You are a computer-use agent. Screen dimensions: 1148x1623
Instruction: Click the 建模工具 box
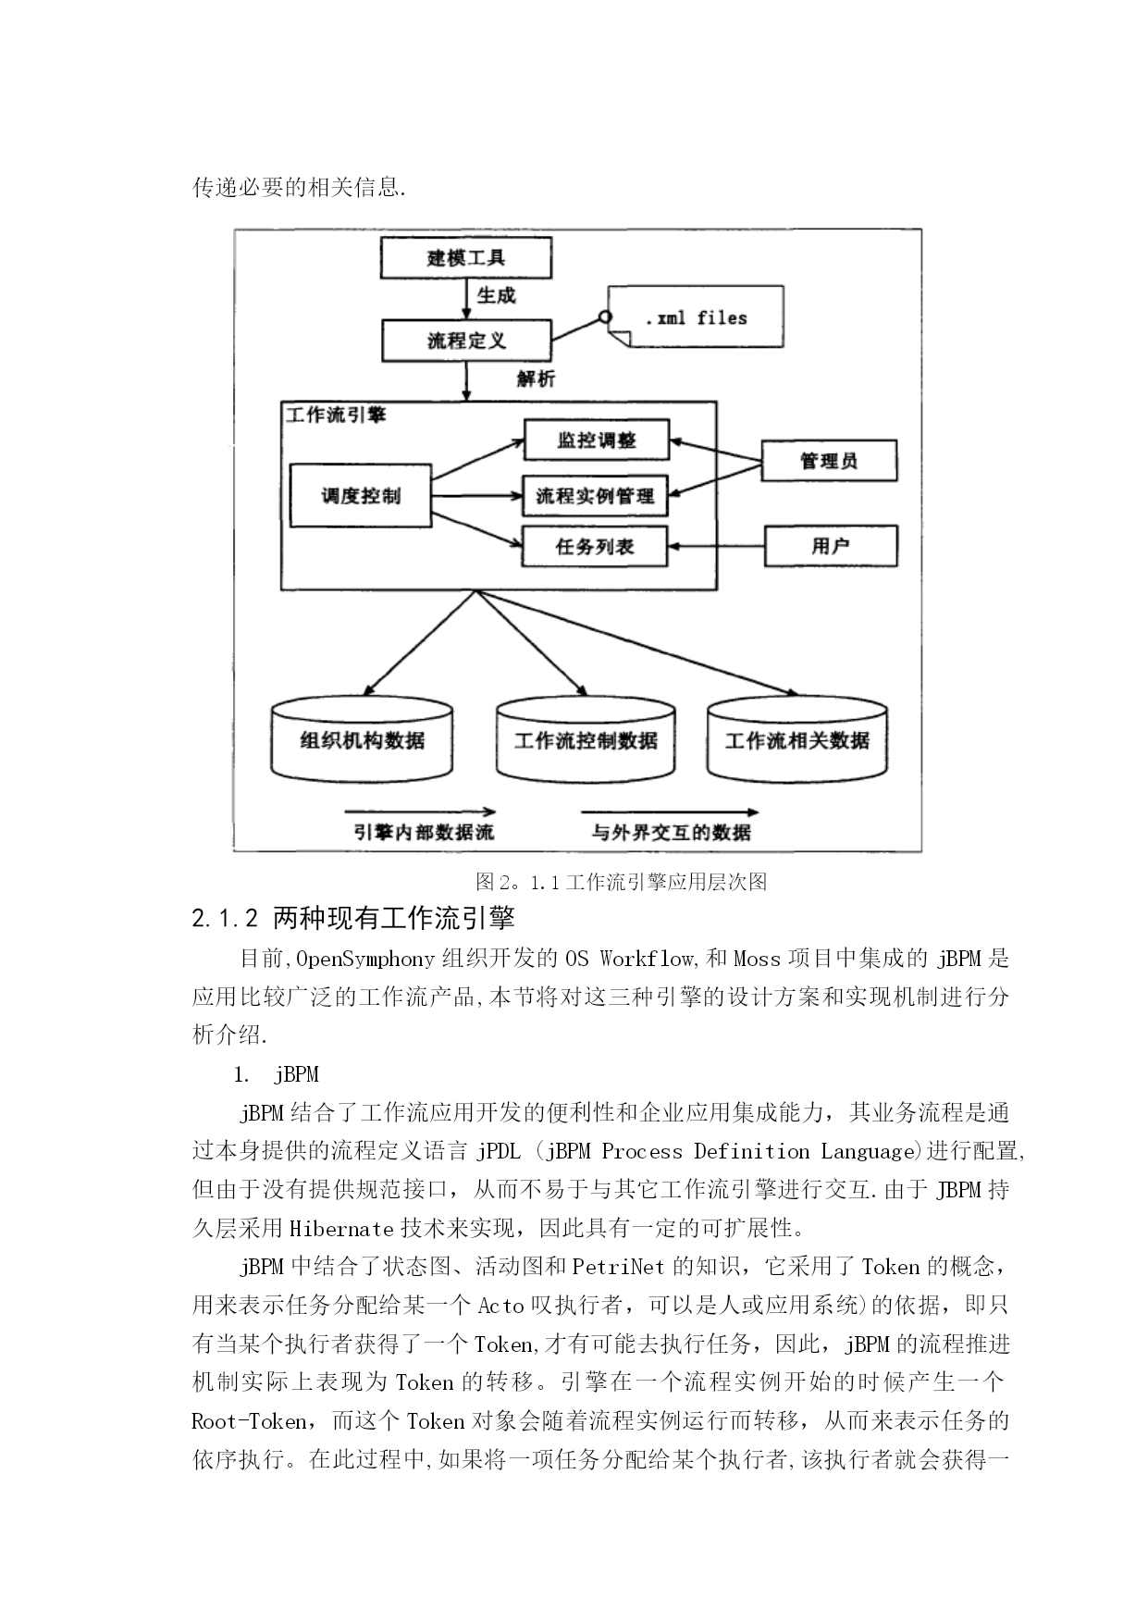pos(466,257)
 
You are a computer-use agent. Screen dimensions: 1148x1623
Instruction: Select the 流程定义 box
pos(466,341)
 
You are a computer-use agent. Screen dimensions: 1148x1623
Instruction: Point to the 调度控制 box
pos(361,496)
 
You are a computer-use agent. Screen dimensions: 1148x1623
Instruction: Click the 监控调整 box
pos(597,440)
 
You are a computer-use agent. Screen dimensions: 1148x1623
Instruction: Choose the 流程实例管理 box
pos(596,496)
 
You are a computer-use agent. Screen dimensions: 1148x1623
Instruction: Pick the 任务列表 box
pos(596,546)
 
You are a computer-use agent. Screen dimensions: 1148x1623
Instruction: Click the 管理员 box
pos(829,461)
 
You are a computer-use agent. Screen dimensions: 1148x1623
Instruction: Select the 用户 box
pos(831,546)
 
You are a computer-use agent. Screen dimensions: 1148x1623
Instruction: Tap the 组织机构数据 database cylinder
pos(363,739)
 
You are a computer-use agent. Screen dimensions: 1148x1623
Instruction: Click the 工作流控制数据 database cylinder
pos(586,739)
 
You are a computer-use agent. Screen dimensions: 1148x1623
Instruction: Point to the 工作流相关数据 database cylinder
pos(797,739)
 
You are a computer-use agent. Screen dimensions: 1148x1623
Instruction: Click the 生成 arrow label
pos(496,296)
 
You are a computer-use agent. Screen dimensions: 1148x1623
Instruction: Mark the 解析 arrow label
pos(537,379)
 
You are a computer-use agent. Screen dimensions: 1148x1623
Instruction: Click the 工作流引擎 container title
pos(336,415)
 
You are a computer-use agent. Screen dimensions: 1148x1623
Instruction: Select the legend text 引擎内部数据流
pos(424,832)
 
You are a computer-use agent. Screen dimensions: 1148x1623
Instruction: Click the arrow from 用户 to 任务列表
pos(717,546)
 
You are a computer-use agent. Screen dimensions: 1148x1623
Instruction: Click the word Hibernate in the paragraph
pos(342,1229)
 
